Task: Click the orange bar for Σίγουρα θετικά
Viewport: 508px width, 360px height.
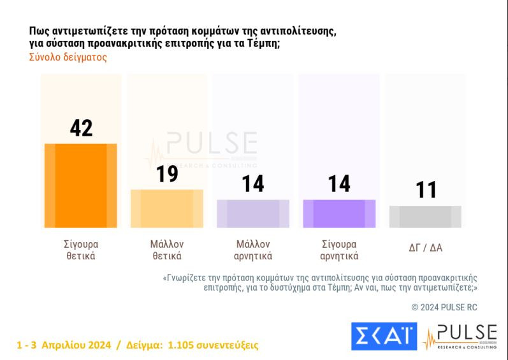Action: pyautogui.click(x=80, y=186)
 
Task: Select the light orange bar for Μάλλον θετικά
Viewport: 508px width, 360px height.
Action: pyautogui.click(x=167, y=208)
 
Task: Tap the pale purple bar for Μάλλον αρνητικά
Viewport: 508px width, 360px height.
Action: pyautogui.click(x=253, y=213)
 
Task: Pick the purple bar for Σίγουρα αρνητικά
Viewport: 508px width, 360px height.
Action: pyautogui.click(x=339, y=213)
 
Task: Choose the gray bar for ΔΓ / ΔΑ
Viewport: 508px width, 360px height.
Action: pyautogui.click(x=425, y=217)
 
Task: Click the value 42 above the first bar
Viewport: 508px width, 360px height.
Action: pyautogui.click(x=81, y=128)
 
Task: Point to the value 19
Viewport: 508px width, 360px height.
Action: pyautogui.click(x=167, y=174)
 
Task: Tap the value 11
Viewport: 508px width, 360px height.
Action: pyautogui.click(x=425, y=190)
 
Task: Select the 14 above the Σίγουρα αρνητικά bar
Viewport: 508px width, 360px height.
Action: pyautogui.click(x=339, y=184)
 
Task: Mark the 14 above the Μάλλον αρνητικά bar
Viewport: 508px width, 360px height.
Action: pyautogui.click(x=253, y=184)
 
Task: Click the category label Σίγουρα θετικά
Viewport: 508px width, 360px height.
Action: pyautogui.click(x=80, y=250)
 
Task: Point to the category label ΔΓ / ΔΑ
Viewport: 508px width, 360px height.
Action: pyautogui.click(x=425, y=248)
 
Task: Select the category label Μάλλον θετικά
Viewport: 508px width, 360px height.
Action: pyautogui.click(x=167, y=250)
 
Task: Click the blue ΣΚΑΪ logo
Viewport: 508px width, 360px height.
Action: pyautogui.click(x=383, y=336)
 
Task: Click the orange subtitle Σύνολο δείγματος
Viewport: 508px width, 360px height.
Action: pyautogui.click(x=68, y=57)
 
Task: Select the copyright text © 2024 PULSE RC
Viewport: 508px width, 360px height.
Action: pyautogui.click(x=444, y=307)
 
